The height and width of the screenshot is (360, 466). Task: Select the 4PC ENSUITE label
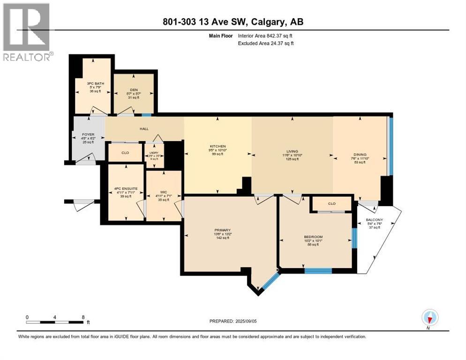tap(125, 189)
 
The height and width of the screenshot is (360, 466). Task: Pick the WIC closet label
tap(163, 192)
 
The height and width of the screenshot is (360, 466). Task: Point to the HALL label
tap(144, 127)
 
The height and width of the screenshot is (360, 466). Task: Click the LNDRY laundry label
tap(154, 152)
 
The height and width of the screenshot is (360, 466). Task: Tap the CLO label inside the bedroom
tap(332, 204)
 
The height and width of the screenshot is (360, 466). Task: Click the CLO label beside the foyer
tap(125, 152)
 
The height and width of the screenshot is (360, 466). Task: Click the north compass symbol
tap(429, 318)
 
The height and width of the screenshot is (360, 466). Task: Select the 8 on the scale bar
tap(83, 317)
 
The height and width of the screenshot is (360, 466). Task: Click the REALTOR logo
tap(27, 32)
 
